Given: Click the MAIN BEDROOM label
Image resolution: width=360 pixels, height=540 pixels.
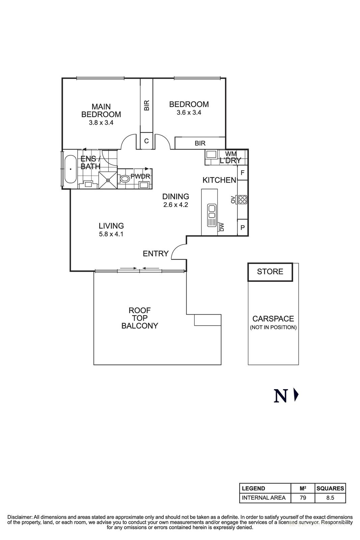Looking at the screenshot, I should pyautogui.click(x=101, y=111).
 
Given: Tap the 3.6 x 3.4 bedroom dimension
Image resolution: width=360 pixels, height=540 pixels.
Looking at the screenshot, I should pyautogui.click(x=189, y=113).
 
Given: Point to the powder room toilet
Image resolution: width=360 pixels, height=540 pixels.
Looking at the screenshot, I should pyautogui.click(x=124, y=179).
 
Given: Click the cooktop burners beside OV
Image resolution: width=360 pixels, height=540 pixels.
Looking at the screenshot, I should pyautogui.click(x=242, y=199).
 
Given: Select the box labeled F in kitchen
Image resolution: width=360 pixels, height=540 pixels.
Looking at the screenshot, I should pyautogui.click(x=242, y=173).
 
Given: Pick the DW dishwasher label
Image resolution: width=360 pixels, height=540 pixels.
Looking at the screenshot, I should pyautogui.click(x=222, y=227).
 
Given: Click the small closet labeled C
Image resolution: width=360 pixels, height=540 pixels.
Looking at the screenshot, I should pyautogui.click(x=146, y=141).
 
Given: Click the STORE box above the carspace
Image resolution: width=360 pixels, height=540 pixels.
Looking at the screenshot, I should pyautogui.click(x=270, y=272).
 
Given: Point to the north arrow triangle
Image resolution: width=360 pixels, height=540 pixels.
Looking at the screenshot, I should pyautogui.click(x=296, y=395).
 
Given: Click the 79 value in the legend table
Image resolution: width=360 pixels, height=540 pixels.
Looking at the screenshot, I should pyautogui.click(x=303, y=497).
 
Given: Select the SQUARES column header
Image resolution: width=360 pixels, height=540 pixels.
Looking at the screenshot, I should pyautogui.click(x=330, y=488).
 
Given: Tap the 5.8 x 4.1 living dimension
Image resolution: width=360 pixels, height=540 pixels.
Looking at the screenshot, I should pyautogui.click(x=111, y=234).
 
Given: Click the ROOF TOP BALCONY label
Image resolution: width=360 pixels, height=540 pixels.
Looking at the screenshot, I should pyautogui.click(x=140, y=318).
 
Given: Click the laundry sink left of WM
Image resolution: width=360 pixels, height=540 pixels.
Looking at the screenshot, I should pyautogui.click(x=212, y=155).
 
